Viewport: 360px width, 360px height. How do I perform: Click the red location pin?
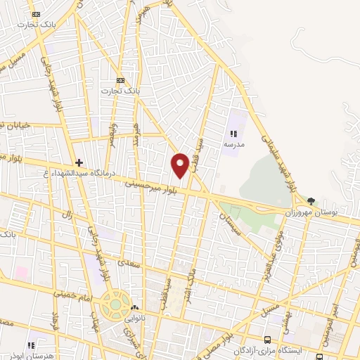coord(181,164)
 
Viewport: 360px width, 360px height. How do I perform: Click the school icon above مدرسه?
coord(234,133)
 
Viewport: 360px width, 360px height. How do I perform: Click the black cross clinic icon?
coord(79,162)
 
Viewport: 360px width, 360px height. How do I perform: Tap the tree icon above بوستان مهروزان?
coord(311,201)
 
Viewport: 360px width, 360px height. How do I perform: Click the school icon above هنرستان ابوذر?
coord(31,345)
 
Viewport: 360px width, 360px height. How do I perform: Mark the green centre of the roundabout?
coord(113,307)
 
